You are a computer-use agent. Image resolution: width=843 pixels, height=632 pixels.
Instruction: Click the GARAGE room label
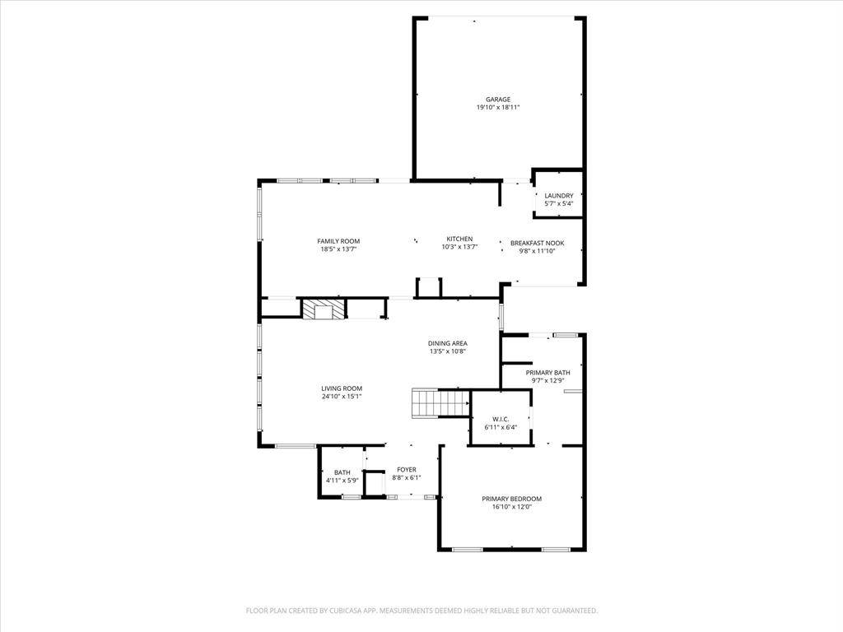coord(497,100)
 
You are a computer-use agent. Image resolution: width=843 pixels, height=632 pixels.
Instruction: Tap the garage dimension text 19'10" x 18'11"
coord(497,108)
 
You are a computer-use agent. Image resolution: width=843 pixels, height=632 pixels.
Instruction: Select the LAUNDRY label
coord(559,196)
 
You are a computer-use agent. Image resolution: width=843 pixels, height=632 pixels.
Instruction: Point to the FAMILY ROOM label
coord(338,241)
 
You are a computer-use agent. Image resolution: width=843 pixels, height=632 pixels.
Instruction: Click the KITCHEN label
coord(459,239)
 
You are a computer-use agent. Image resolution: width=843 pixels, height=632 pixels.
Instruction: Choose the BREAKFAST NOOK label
coord(537,244)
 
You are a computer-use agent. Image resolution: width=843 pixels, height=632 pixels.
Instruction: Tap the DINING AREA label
coord(448,343)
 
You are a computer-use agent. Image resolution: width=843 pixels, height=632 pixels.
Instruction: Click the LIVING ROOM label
coord(342,388)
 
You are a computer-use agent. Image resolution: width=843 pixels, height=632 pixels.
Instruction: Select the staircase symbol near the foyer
coord(440,403)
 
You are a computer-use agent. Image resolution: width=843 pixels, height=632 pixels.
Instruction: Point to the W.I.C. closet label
coord(501,420)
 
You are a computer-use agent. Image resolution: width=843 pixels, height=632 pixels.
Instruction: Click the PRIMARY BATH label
coord(547,373)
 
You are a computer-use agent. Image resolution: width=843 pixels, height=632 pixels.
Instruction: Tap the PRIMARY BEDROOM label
coord(511,499)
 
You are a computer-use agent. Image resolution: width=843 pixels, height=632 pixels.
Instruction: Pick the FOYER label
coord(407,470)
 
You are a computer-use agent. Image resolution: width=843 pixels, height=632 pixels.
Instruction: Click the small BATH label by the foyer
coord(342,472)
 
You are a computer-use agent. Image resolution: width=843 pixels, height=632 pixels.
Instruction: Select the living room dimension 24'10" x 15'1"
coord(342,397)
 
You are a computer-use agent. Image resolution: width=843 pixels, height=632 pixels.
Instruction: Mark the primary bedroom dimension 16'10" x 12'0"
coord(511,507)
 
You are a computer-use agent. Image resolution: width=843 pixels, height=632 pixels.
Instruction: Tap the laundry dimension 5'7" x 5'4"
coord(559,204)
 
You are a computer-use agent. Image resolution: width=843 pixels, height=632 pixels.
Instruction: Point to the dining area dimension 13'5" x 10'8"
coord(448,351)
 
